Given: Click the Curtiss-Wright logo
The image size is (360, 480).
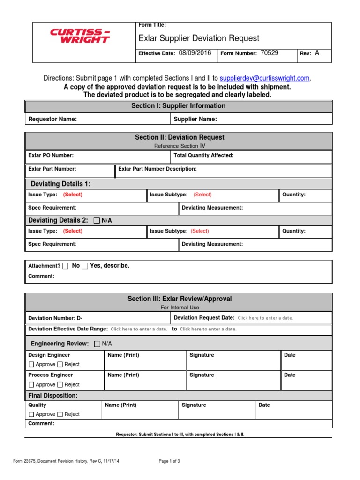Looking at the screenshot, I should coord(80,36).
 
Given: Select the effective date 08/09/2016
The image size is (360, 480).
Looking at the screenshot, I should coord(195,53).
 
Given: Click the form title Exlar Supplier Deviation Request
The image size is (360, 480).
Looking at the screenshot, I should coord(199,38).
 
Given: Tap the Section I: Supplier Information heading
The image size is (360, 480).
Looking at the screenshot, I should coord(178,106).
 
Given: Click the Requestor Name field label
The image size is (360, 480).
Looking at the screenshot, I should coord(52,119).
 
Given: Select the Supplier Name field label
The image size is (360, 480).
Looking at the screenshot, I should coord(195,119).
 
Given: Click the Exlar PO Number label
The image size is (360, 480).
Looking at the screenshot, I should coord(51,155).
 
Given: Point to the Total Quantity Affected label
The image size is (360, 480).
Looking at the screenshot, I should coord(203,155).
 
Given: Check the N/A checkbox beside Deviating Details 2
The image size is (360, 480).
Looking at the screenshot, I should coord(97,220).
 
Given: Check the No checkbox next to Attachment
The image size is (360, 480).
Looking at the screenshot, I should coord(66,266).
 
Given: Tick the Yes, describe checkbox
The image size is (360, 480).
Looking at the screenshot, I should coord(85,266).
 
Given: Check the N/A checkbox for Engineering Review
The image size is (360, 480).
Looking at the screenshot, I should coord(97,344).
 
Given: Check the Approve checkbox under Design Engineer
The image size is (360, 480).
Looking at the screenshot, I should coord(31,364).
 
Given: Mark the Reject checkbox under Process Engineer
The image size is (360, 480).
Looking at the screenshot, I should coord(60,384).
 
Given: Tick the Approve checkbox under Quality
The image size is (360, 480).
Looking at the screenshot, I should coord(31,414).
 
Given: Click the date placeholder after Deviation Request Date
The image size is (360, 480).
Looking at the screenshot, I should coord(265,318).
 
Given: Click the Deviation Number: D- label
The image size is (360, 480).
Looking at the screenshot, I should coord(55,318).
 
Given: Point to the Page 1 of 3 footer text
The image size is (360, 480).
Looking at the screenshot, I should coord(169,461).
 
